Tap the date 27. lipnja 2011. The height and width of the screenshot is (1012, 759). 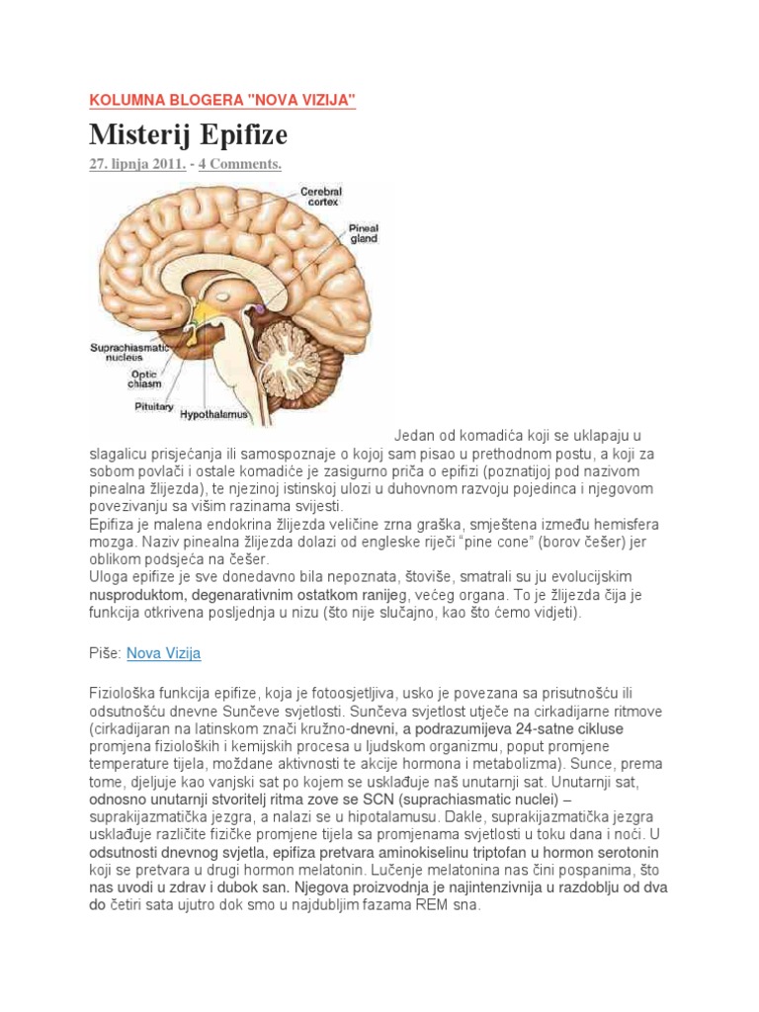(x=137, y=164)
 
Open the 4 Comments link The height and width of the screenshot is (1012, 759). (x=240, y=164)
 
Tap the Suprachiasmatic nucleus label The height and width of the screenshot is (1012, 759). (x=129, y=353)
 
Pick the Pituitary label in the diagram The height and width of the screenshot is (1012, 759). (x=154, y=406)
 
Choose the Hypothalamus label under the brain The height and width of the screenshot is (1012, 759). (x=213, y=416)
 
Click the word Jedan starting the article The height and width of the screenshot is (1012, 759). (x=414, y=436)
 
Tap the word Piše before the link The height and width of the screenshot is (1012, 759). (x=105, y=653)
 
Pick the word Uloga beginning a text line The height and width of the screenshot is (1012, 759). (x=109, y=577)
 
